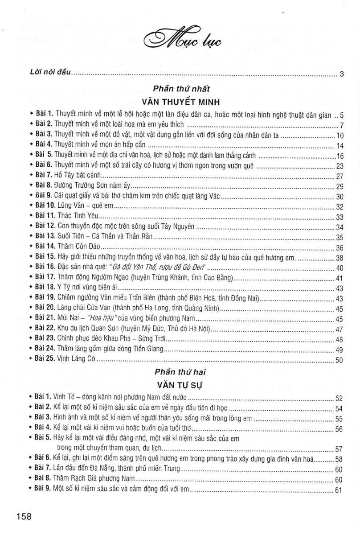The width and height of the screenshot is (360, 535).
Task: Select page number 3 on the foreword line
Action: pos(341,74)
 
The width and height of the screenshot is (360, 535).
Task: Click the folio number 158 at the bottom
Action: pos(24,517)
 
